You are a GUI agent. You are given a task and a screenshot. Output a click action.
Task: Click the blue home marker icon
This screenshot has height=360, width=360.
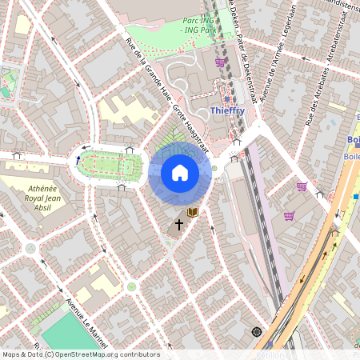[x=180, y=173]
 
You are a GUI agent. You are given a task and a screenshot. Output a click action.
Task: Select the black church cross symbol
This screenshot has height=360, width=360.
[x=179, y=226]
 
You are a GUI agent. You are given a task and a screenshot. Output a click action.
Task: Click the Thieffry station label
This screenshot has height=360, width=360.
[x=228, y=110]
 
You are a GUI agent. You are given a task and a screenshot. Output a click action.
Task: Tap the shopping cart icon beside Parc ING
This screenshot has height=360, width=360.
[x=220, y=62]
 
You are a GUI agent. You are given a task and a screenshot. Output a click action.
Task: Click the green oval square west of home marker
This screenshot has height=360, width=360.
[x=108, y=166]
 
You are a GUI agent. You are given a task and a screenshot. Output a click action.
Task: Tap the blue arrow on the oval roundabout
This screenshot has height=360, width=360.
[x=78, y=160]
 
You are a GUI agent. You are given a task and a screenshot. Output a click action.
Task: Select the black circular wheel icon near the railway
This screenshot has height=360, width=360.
[x=256, y=331]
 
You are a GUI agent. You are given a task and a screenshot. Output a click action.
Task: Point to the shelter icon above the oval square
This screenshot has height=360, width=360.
[x=130, y=148]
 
